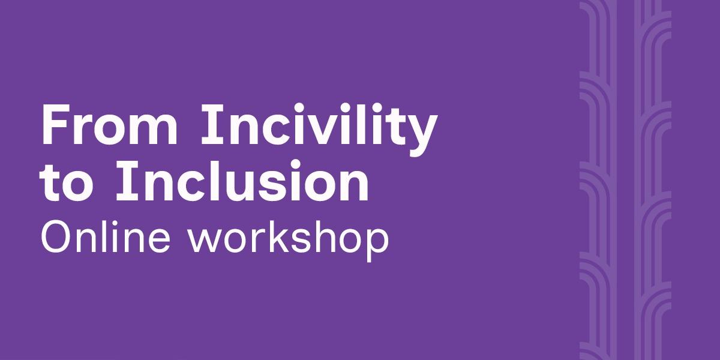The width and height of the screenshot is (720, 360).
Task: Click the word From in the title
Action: (x=109, y=124)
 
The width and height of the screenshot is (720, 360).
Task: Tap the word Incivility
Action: (x=319, y=129)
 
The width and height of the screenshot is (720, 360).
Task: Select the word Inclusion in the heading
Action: (x=242, y=181)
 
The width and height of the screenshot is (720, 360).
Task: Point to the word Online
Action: (x=105, y=236)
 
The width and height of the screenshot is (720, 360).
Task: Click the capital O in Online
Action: (x=57, y=236)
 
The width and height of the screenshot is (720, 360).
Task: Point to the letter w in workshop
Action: (x=205, y=241)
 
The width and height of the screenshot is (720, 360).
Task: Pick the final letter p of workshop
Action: (x=377, y=245)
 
